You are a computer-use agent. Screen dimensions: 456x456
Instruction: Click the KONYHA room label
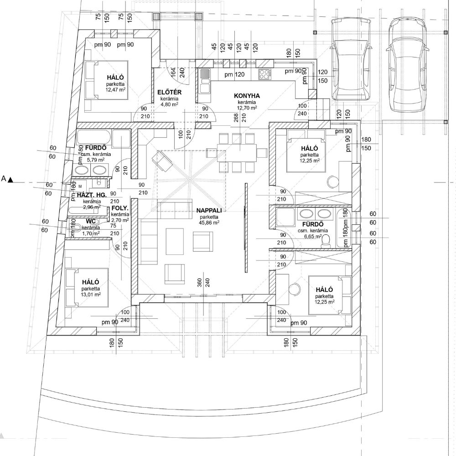tap(247, 96)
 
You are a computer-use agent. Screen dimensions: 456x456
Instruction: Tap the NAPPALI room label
tap(209, 211)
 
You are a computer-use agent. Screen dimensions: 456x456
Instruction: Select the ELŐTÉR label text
tap(169, 92)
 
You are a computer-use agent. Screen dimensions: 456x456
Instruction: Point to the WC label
tap(91, 222)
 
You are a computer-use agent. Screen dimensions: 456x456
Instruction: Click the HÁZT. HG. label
tap(92, 195)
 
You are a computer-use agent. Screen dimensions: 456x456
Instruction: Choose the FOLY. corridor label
tap(120, 208)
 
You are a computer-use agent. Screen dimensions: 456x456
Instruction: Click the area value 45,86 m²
tap(209, 223)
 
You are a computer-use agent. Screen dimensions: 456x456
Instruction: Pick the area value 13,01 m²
tap(91, 294)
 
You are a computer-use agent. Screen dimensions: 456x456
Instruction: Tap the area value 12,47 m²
tap(115, 89)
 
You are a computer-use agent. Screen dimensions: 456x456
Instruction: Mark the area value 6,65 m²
tap(313, 236)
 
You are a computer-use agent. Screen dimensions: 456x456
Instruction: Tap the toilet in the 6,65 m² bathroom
tap(326, 242)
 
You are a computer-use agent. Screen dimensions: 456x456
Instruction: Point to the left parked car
tap(350, 59)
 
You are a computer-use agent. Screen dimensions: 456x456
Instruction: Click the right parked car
tap(407, 65)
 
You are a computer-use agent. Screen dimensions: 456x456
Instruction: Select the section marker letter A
tap(4, 179)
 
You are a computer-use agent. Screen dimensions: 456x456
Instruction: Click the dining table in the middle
tap(236, 153)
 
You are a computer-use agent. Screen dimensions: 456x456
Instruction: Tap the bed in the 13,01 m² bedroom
tap(87, 287)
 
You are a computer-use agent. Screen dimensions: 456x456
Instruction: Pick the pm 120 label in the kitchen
tap(234, 74)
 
